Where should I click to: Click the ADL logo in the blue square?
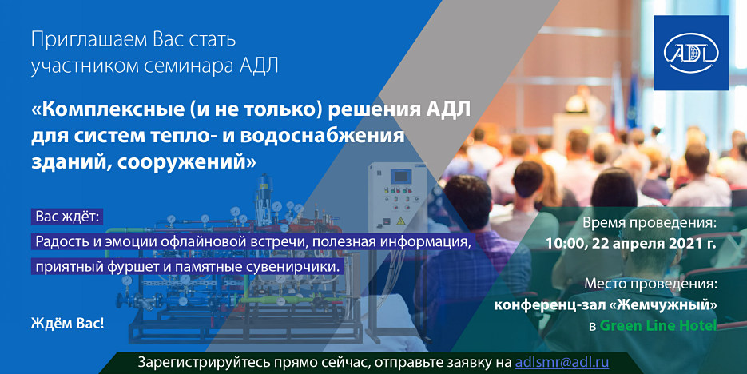click(691, 53)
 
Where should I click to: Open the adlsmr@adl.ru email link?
click(562, 361)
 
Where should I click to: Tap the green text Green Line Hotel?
click(658, 325)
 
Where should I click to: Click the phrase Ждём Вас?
click(67, 324)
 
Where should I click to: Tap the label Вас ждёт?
click(67, 217)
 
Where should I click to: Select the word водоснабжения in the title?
click(323, 136)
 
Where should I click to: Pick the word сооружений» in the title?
click(187, 162)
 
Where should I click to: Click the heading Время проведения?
click(650, 222)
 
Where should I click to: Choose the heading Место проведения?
click(650, 284)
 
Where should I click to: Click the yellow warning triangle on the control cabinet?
click(400, 221)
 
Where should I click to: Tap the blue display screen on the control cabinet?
click(400, 177)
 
